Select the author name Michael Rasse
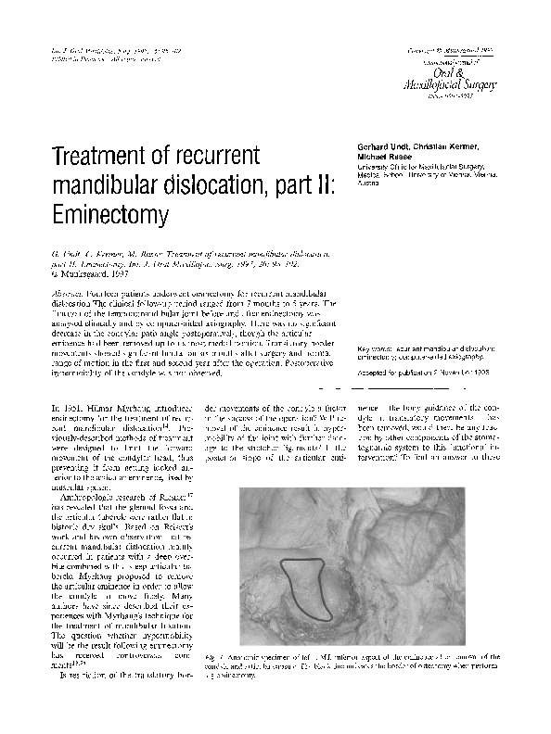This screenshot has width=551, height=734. [x=375, y=158]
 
